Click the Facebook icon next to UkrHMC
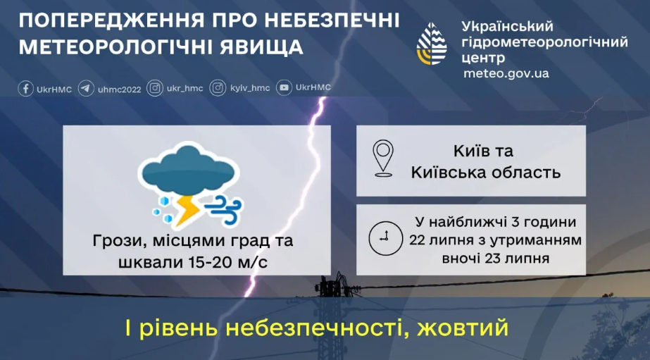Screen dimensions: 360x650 (x=26, y=89)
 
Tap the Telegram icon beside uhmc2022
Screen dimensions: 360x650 (x=86, y=89)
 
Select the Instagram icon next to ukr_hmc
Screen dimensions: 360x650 (x=154, y=89)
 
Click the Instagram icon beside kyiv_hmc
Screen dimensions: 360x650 (x=218, y=89)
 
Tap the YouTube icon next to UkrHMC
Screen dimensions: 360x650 (x=284, y=88)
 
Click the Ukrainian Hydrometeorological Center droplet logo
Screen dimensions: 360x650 (x=432, y=44)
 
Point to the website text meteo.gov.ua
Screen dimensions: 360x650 (x=506, y=73)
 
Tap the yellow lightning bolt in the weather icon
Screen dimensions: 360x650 (x=187, y=209)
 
